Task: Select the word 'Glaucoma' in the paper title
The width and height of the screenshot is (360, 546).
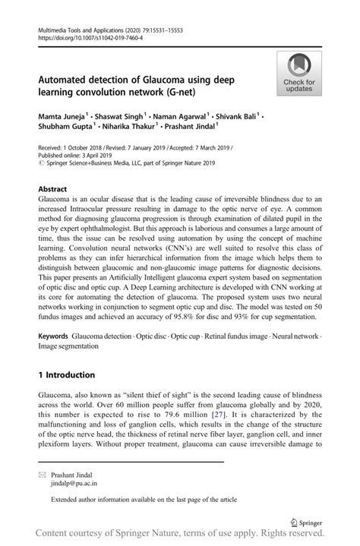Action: pyautogui.click(x=155, y=79)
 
